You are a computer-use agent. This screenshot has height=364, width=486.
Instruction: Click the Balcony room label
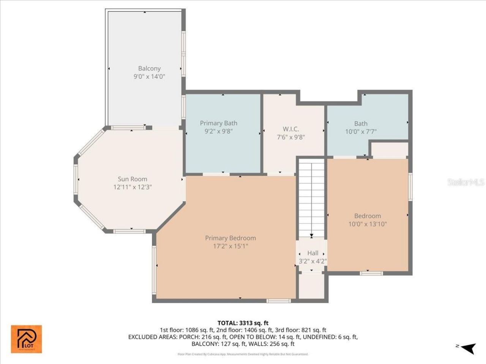pyautogui.click(x=149, y=69)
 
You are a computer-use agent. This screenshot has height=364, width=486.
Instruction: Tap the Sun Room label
pyautogui.click(x=132, y=179)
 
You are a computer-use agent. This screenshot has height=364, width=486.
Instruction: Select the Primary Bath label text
pyautogui.click(x=218, y=123)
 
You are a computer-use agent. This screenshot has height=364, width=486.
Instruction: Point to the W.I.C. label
pyautogui.click(x=290, y=129)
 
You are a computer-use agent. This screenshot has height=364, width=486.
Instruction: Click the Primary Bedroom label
pyautogui.click(x=230, y=238)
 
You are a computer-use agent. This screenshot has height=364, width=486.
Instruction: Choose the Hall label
pyautogui.click(x=313, y=253)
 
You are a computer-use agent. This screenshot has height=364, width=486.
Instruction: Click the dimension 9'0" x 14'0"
pyautogui.click(x=149, y=77)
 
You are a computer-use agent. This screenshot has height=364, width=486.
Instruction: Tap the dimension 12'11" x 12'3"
pyautogui.click(x=132, y=187)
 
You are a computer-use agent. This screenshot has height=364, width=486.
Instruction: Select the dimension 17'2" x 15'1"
pyautogui.click(x=230, y=246)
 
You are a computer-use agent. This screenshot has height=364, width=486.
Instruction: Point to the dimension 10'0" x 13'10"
pyautogui.click(x=368, y=224)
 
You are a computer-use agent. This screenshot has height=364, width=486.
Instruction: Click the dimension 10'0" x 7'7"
pyautogui.click(x=361, y=132)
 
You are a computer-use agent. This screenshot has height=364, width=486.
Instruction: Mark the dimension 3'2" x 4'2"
pyautogui.click(x=313, y=261)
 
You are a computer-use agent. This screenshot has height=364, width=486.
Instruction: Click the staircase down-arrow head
pyautogui.click(x=312, y=236)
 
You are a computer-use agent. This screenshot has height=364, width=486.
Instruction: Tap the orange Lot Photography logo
pyautogui.click(x=26, y=339)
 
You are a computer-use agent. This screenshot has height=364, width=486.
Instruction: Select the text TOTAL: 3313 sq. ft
pyautogui.click(x=243, y=323)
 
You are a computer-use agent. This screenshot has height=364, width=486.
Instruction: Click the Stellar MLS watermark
pyautogui.click(x=465, y=182)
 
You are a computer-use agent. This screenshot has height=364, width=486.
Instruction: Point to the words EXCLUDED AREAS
pyautogui.click(x=150, y=337)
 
